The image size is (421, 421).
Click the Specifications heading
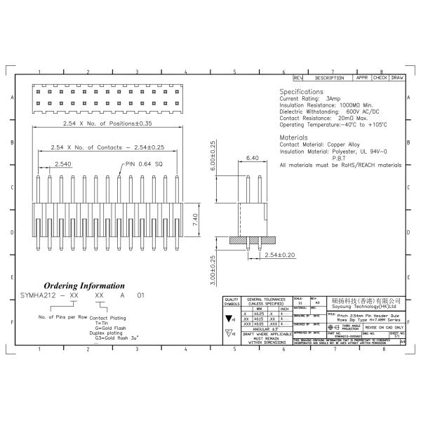[302, 92]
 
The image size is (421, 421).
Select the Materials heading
[294, 137]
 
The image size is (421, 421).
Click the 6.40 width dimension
[253, 159]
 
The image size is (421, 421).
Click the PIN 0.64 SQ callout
[143, 164]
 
